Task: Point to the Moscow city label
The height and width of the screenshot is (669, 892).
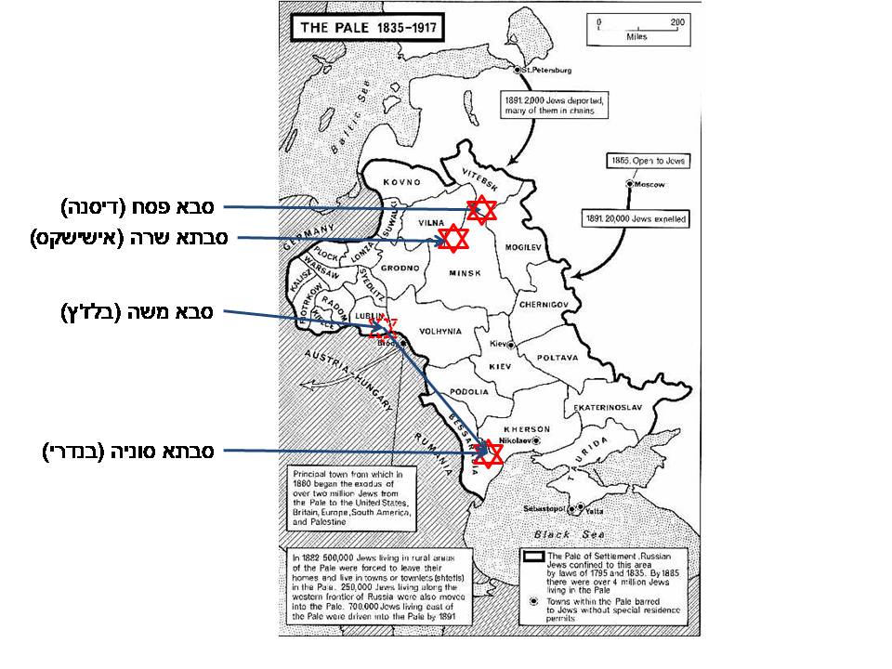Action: click(650, 185)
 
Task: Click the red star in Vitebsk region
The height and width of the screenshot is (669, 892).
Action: click(481, 210)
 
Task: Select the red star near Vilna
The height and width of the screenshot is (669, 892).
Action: click(453, 239)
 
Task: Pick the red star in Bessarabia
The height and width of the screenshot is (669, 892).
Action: click(488, 453)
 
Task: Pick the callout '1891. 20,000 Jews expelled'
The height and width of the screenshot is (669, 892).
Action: click(636, 220)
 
